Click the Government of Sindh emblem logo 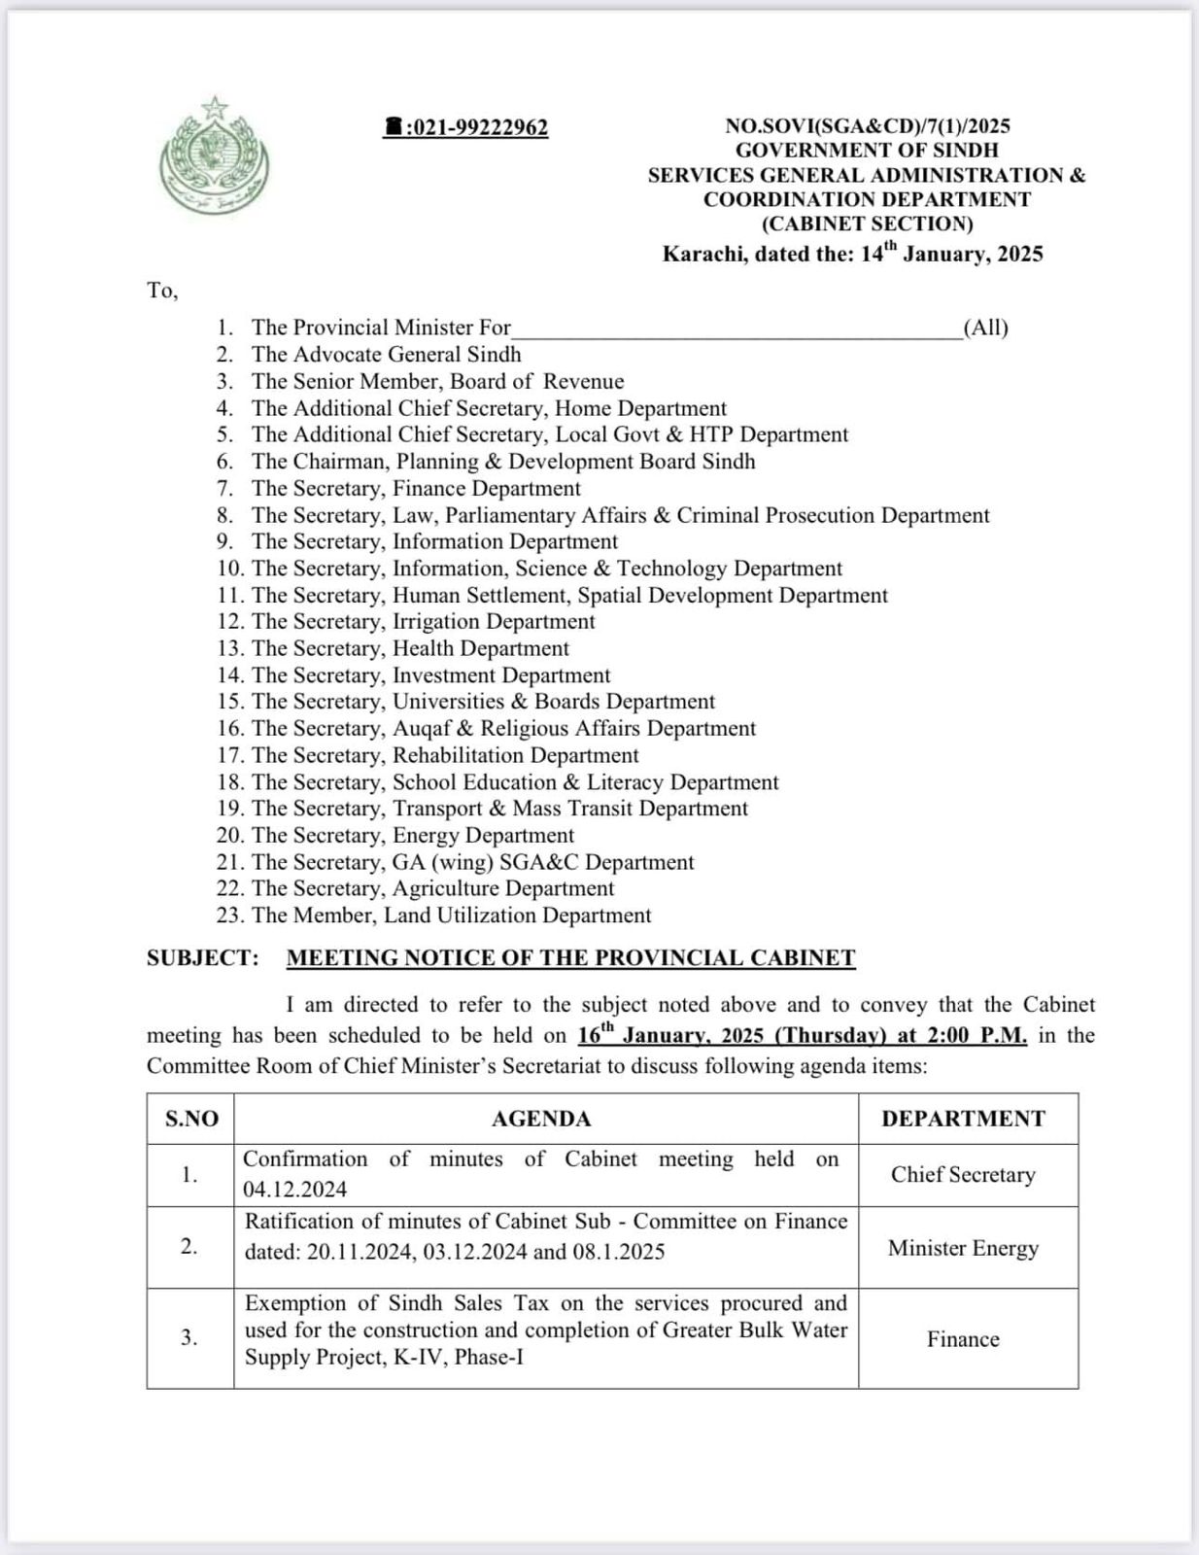(x=215, y=155)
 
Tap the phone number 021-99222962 (x=467, y=128)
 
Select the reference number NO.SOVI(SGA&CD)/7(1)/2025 (x=867, y=125)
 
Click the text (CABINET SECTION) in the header (x=867, y=225)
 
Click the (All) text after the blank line (x=985, y=328)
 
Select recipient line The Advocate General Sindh (x=386, y=355)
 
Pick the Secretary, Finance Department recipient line (x=415, y=489)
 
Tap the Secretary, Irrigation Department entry (x=423, y=622)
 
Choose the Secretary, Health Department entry (x=409, y=649)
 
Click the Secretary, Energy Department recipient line (x=412, y=836)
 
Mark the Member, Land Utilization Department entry (x=451, y=916)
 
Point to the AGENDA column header (x=541, y=1120)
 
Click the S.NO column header (x=191, y=1120)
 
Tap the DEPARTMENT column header (x=963, y=1120)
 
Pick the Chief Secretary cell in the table (x=963, y=1175)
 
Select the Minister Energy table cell (x=963, y=1249)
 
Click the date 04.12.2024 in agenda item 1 (x=294, y=1191)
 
